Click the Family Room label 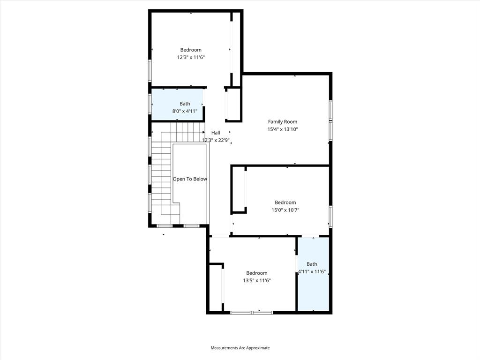(282, 122)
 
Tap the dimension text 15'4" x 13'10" (282, 129)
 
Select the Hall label (216, 133)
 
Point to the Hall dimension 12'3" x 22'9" (216, 140)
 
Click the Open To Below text (190, 179)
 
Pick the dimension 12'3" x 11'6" (191, 57)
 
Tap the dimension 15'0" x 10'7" (285, 210)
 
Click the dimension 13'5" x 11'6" (257, 280)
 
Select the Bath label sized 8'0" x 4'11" (185, 104)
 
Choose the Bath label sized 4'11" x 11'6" (312, 264)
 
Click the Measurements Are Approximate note (240, 348)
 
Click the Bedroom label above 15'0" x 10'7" (285, 202)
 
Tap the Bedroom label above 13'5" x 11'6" (257, 273)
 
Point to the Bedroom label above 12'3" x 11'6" (191, 50)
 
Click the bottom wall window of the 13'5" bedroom (252, 312)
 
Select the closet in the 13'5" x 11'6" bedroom (215, 287)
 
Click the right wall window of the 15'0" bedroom (330, 217)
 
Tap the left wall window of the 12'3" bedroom (150, 70)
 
